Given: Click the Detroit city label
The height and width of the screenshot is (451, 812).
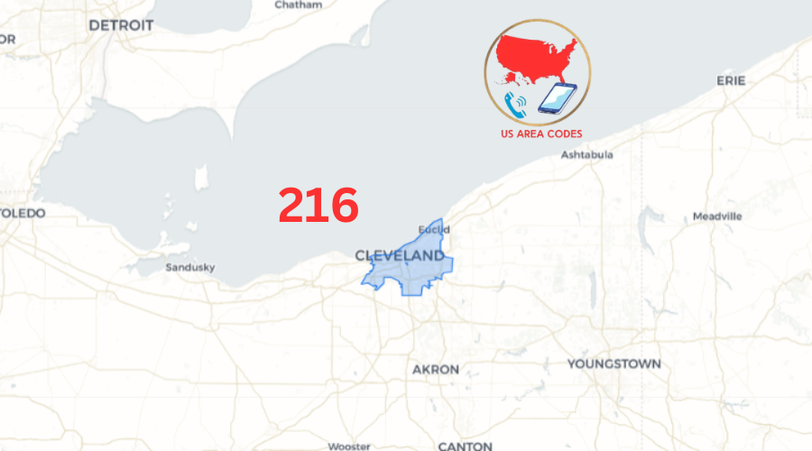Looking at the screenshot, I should point(121,25).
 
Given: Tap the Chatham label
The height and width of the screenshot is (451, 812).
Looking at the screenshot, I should point(297,5).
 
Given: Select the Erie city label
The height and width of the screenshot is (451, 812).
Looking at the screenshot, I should point(731,80).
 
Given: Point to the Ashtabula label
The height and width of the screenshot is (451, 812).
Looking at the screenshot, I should point(586,154).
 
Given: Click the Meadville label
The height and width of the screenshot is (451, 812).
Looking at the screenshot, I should point(717,216).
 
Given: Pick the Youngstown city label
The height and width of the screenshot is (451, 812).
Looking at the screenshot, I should point(614,364).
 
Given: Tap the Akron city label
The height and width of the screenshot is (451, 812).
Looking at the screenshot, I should point(436,370).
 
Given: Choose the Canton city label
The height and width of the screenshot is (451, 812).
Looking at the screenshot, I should point(465,446).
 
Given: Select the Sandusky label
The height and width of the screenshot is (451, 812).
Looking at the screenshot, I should point(190,267).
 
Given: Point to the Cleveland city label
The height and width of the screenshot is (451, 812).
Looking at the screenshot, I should point(400,256).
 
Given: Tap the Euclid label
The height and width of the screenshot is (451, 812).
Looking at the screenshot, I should point(434,229).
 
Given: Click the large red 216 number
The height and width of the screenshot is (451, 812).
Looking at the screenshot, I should point(318,206).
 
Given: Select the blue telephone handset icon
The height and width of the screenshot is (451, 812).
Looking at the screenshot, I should point(516,106).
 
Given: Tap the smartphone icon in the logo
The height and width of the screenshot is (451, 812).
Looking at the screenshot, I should point(557,98).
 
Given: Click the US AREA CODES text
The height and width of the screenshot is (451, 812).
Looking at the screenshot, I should point(541,133).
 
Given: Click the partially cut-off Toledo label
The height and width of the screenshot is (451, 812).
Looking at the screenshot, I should point(22,213).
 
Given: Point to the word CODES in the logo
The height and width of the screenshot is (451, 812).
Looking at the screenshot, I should point(565,133).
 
